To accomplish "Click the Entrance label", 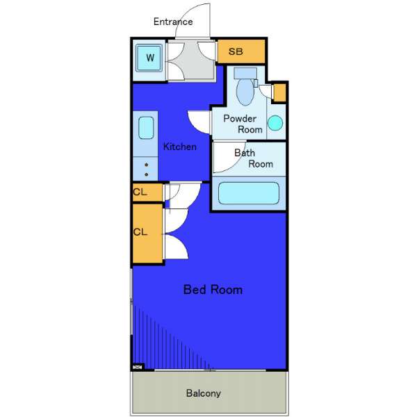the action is [x=173, y=22].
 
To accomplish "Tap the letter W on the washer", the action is [x=150, y=58].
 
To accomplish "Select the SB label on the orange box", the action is [x=236, y=51].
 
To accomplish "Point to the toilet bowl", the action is [x=245, y=92].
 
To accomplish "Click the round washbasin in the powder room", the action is [x=275, y=123].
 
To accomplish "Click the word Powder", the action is [x=240, y=119].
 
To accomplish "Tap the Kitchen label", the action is [x=180, y=147].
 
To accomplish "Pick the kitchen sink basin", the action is [x=146, y=128].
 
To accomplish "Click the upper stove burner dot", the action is [x=146, y=165].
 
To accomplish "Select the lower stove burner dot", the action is [x=146, y=174].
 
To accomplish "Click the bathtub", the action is [x=249, y=193].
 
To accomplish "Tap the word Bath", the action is [x=245, y=153].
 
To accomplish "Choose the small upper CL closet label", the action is [x=140, y=192].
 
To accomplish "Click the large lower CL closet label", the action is [x=140, y=232].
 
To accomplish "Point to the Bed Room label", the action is [x=213, y=290].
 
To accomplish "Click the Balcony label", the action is [x=204, y=393].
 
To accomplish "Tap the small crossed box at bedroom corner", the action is [x=137, y=367].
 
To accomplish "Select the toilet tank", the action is [x=245, y=73].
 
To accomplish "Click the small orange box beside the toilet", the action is [x=280, y=92].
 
